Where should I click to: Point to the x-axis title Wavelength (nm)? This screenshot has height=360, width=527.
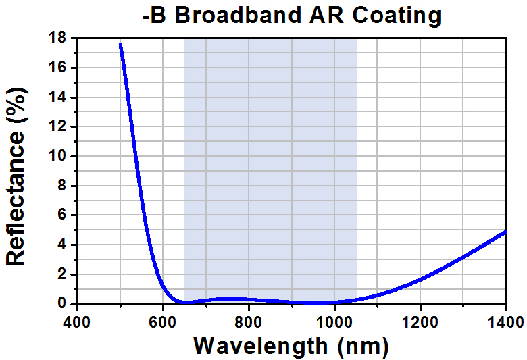291,346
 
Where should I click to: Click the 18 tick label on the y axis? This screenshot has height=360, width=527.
57,38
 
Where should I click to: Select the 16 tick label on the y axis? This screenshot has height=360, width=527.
57,68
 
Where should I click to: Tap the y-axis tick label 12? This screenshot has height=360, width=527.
57,127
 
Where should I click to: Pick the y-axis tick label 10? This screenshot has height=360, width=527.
57,157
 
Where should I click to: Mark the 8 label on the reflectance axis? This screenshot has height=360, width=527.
61,186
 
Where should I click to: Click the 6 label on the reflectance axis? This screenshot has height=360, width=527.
61,215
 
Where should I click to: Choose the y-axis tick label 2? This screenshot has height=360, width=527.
61,274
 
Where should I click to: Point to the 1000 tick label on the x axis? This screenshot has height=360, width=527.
334,320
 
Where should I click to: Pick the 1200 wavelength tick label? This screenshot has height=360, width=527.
420,320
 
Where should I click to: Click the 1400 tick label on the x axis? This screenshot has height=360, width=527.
505,320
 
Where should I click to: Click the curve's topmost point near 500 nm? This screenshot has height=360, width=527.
120,45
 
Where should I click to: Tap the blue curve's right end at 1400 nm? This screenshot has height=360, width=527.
505,232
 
